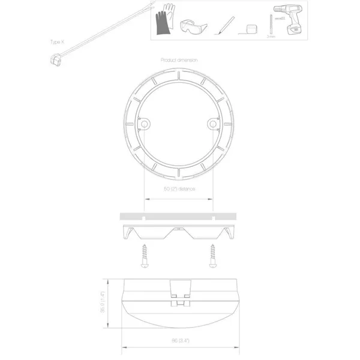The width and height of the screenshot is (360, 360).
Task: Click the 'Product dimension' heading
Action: (x=179, y=60)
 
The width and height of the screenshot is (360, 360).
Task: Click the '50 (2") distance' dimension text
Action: (x=179, y=188)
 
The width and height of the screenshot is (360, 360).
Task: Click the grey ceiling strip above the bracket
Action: (x=179, y=215)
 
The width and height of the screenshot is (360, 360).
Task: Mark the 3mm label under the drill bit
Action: (x=270, y=37)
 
